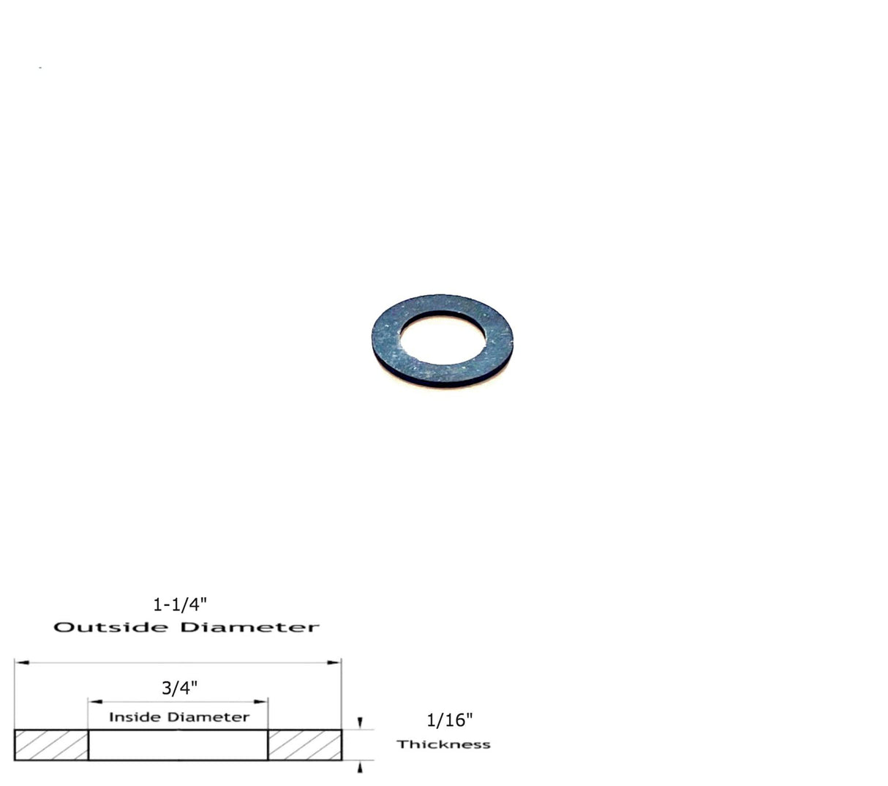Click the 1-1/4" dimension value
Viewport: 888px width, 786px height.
tap(181, 605)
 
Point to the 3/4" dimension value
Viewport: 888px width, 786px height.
tap(179, 688)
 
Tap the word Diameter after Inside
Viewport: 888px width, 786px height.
tap(211, 717)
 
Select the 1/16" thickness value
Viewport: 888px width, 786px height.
tap(450, 720)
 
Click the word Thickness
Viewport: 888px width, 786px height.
tap(443, 744)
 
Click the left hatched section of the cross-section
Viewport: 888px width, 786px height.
tap(51, 745)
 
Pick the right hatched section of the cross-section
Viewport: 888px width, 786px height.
tap(304, 745)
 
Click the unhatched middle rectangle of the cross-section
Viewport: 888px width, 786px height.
tap(178, 745)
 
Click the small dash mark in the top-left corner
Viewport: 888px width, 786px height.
tap(40, 68)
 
